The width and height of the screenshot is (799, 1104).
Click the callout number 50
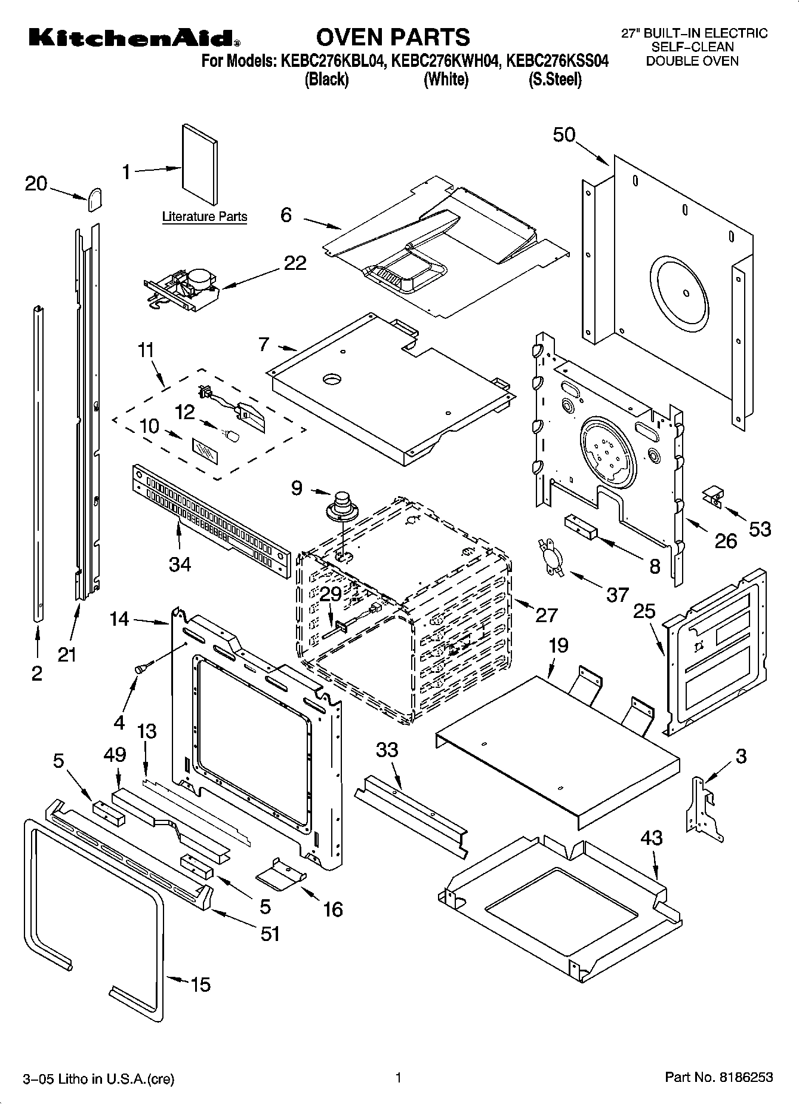(563, 136)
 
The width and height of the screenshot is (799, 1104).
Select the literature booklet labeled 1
(200, 165)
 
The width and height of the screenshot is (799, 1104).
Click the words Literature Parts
(204, 217)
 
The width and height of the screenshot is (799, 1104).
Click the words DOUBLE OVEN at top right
(692, 61)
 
